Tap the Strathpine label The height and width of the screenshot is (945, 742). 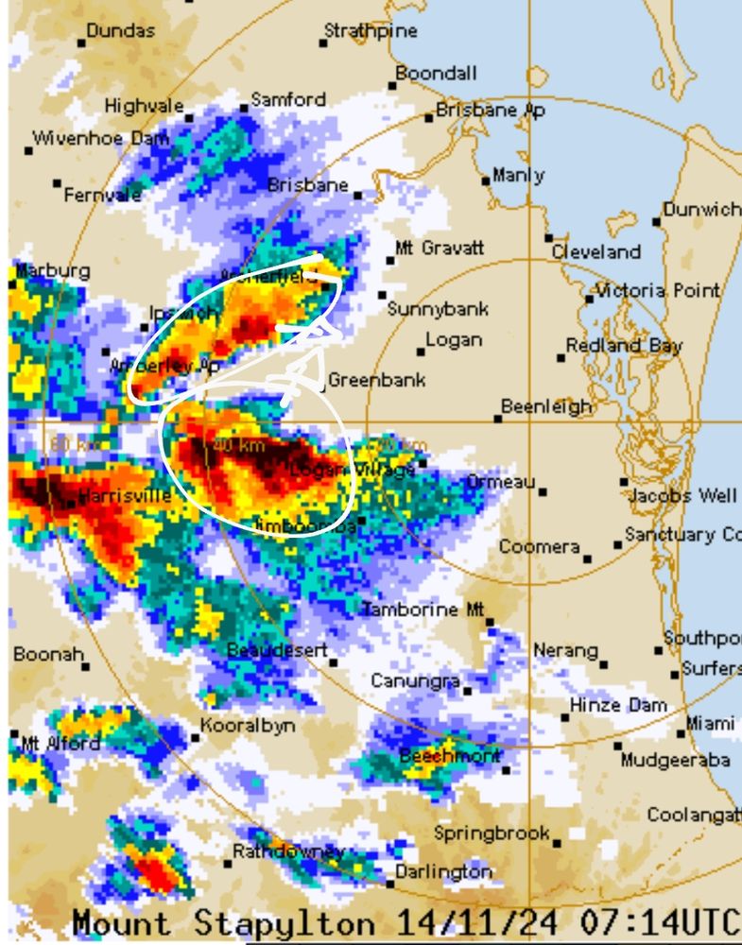point(371,31)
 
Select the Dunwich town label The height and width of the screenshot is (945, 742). point(701,210)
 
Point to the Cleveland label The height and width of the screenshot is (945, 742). point(595,252)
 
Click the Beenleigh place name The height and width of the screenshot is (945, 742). point(546,407)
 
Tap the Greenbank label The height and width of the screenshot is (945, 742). point(376,381)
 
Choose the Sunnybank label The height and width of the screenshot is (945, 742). point(438,309)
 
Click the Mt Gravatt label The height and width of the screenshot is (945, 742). point(440,249)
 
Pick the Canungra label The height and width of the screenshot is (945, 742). point(415,681)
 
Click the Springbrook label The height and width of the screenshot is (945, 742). point(492,833)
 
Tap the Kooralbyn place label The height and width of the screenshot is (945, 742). point(248,727)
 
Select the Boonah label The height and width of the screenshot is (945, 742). point(48,654)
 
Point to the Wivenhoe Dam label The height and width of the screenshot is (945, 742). point(101,139)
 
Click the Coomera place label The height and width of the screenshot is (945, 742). point(539,547)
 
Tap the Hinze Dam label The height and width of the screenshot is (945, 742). point(618,706)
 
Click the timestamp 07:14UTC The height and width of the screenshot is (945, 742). point(675,922)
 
